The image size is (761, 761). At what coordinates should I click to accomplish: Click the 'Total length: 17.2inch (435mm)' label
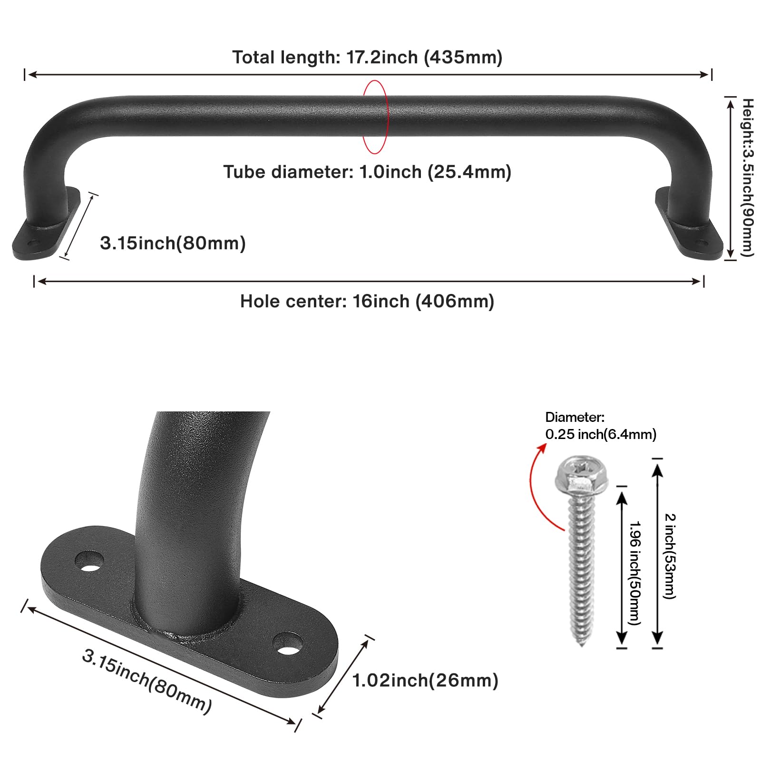[367, 58]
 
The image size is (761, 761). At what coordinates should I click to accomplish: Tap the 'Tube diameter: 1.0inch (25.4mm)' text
[367, 172]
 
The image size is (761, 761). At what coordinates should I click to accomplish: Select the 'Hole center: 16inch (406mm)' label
[367, 302]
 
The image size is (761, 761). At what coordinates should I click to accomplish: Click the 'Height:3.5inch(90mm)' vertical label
[748, 177]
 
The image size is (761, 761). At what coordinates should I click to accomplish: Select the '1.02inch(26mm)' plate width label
[425, 681]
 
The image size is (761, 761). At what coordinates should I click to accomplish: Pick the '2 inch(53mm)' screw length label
[670, 556]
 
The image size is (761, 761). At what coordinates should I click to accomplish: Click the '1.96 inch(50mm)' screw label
[635, 573]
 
